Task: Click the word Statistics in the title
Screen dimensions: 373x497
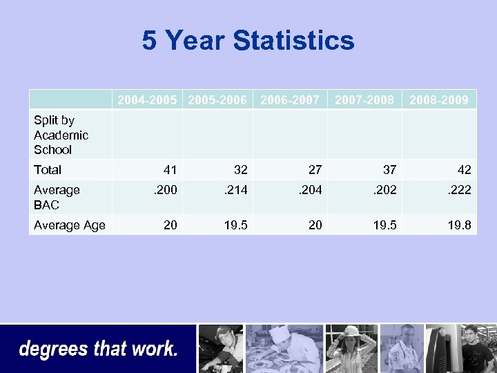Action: tap(294, 41)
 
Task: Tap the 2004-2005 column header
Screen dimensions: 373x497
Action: tap(147, 100)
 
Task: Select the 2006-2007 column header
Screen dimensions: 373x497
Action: tap(290, 100)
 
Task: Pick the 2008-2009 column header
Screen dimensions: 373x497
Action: tap(439, 100)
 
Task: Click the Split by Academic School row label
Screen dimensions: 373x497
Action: tap(61, 135)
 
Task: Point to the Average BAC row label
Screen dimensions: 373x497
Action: tap(57, 197)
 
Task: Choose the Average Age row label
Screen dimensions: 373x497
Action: tap(70, 224)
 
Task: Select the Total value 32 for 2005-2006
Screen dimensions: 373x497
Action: tap(240, 169)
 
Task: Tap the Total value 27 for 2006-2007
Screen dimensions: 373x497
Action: tap(315, 169)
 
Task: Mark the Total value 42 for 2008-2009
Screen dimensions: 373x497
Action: tap(464, 169)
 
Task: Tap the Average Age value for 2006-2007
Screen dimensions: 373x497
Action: tap(315, 224)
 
